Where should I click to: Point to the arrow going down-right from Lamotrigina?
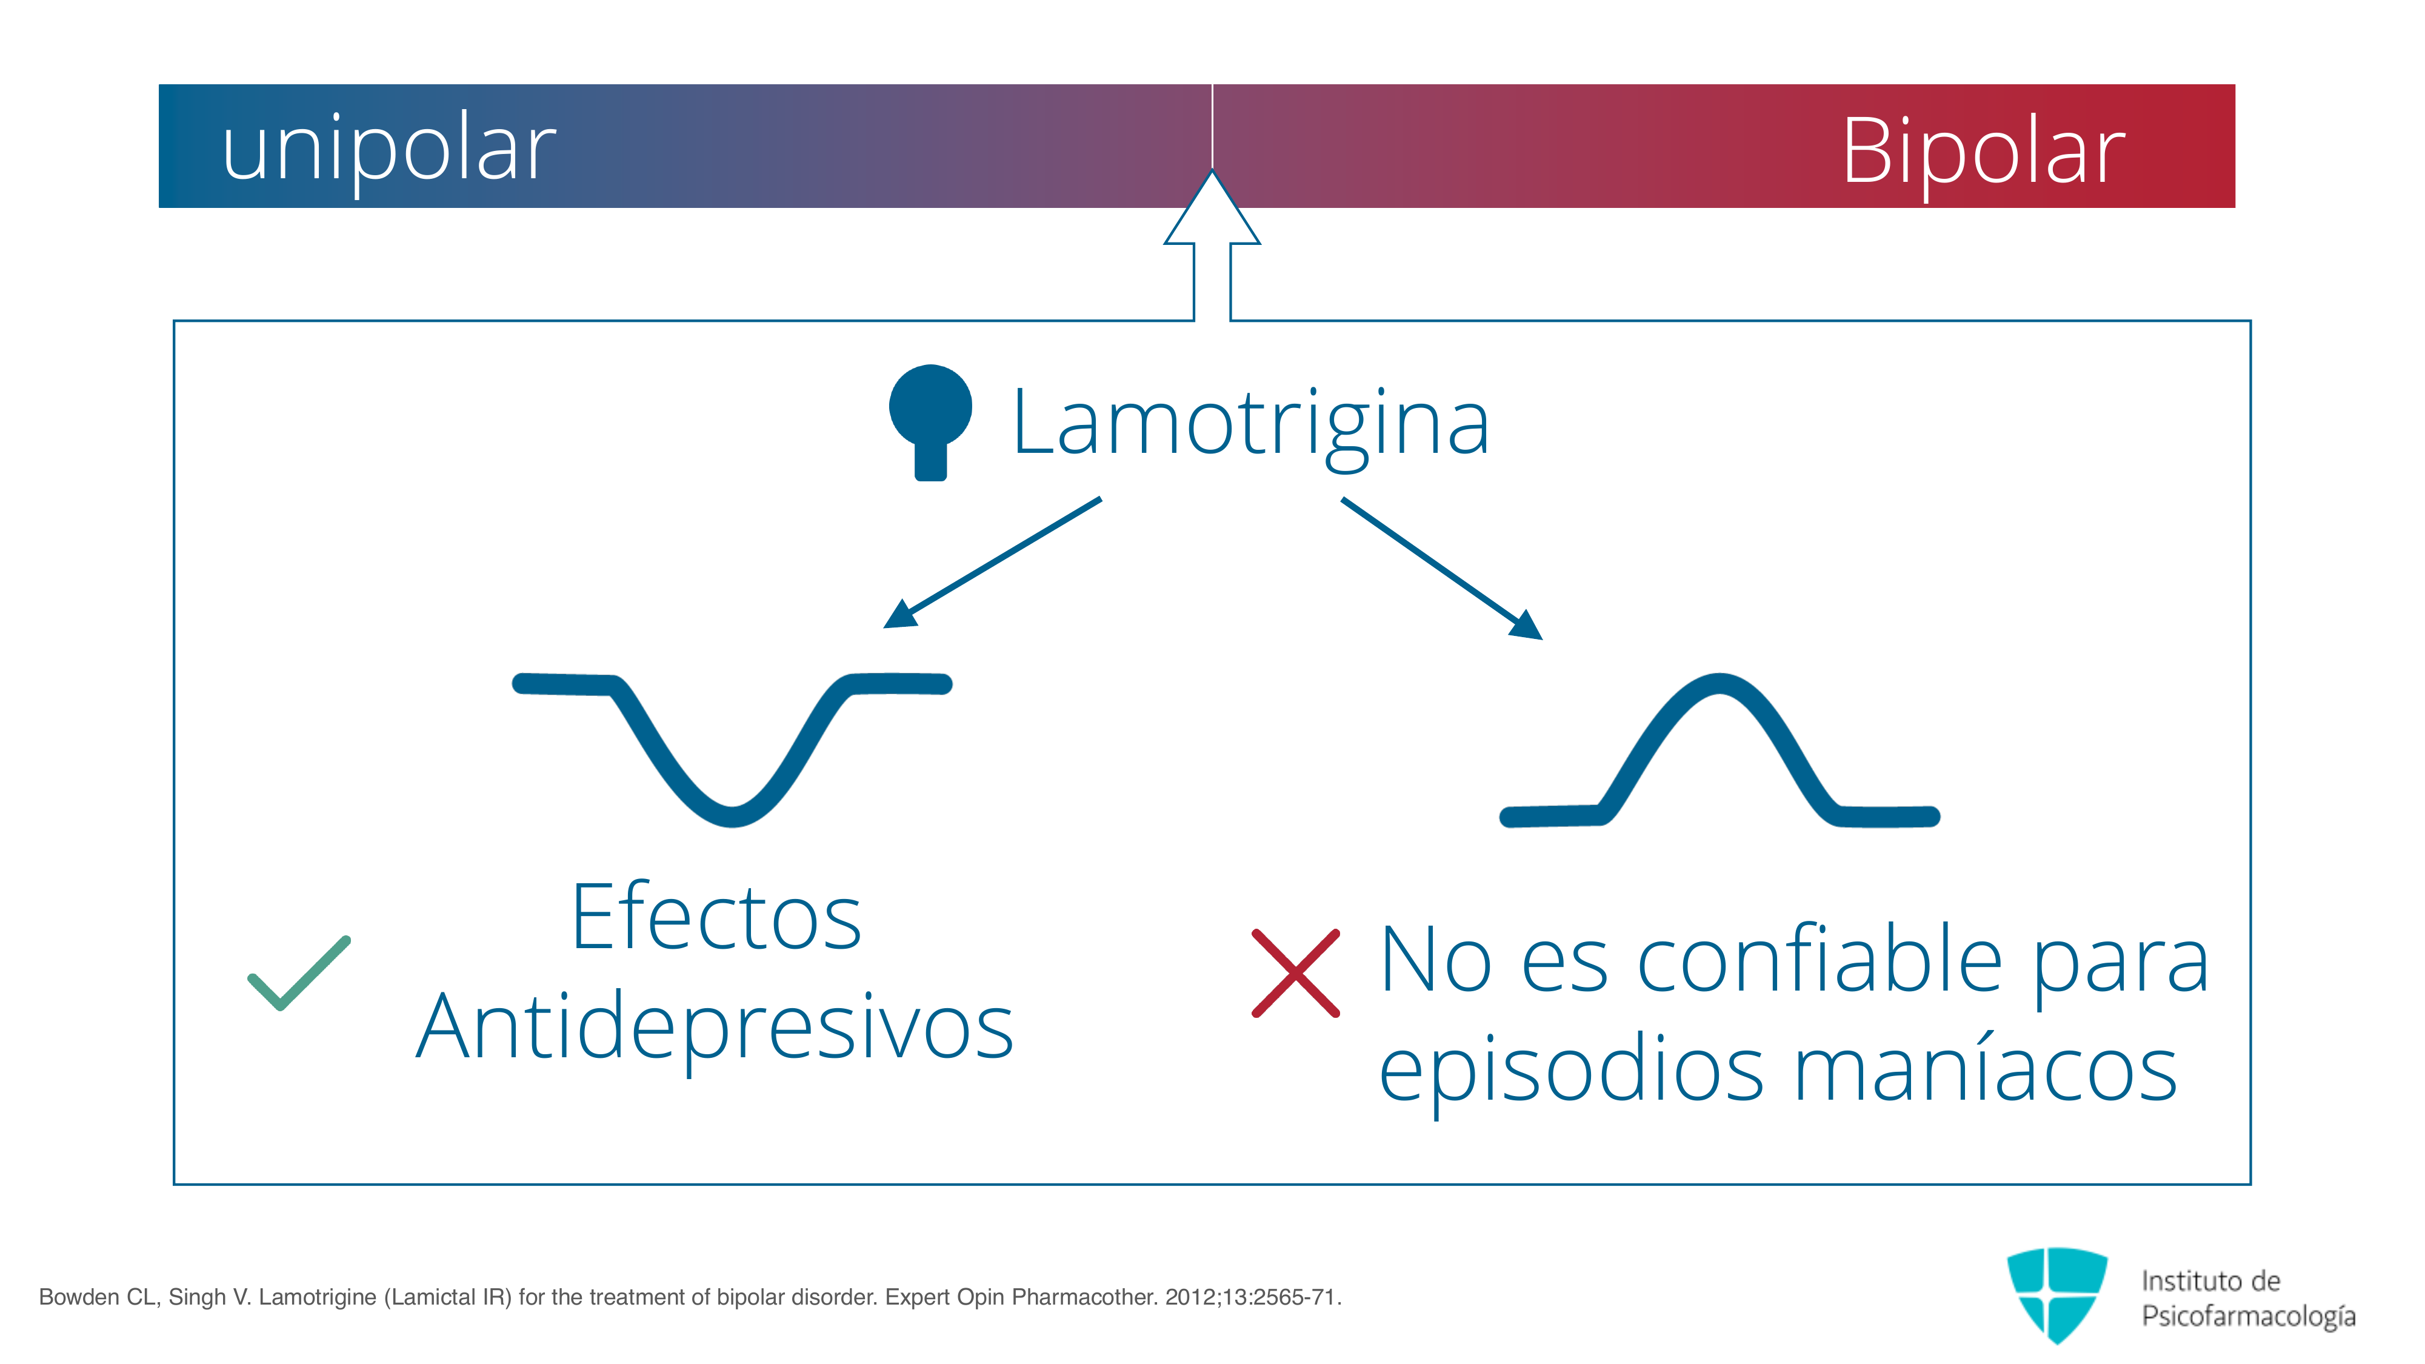tap(1442, 569)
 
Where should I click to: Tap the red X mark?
tap(1295, 974)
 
